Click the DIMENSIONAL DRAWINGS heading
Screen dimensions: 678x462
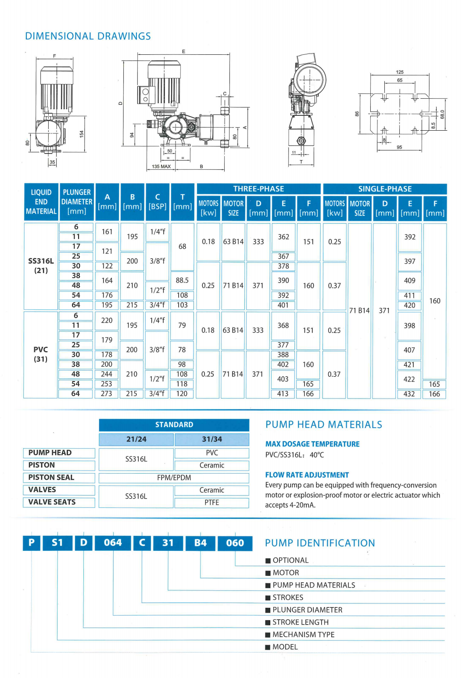[88, 36]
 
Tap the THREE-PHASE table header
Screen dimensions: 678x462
[258, 189]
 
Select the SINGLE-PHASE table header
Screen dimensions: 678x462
[385, 189]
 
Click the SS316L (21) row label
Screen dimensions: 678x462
[41, 266]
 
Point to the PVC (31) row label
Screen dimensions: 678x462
[40, 354]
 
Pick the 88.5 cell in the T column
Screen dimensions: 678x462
[182, 280]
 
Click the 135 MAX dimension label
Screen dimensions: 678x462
[161, 167]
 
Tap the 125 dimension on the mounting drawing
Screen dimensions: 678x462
[400, 72]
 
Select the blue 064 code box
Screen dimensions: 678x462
[113, 543]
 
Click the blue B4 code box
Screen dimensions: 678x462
[201, 543]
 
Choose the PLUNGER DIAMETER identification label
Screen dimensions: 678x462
[307, 610]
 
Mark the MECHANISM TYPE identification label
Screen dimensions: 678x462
[303, 635]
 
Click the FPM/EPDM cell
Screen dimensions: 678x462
[174, 478]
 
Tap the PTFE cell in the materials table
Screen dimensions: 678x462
[211, 503]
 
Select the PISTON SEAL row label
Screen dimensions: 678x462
[51, 478]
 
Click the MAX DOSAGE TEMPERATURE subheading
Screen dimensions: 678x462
[312, 444]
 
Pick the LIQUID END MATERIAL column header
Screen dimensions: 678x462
[41, 202]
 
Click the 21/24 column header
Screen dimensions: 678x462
[136, 439]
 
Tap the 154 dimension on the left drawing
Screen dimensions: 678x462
[82, 134]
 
